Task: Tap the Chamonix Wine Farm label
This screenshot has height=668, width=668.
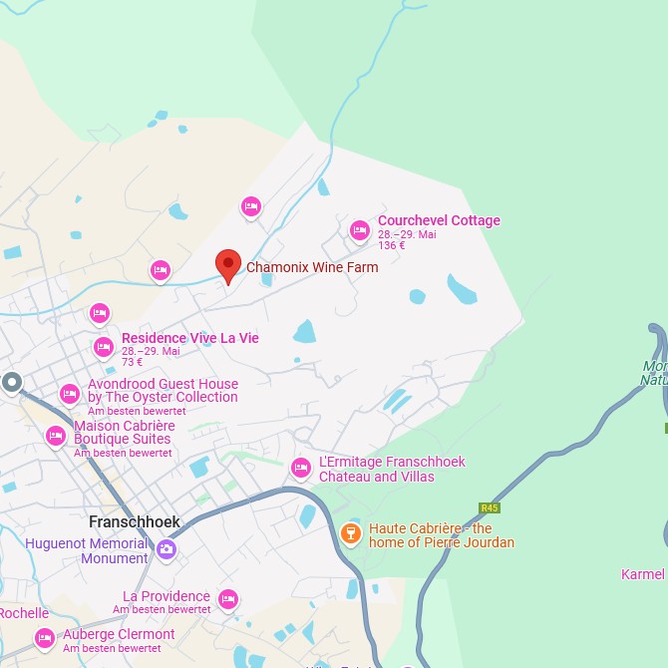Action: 312,267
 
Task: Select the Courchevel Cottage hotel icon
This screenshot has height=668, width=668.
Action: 360,230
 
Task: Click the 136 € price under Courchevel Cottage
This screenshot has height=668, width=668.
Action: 392,246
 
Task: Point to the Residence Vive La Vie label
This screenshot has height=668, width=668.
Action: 189,338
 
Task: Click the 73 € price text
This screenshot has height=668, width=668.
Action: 132,363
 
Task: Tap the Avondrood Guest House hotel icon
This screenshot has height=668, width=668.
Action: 69,393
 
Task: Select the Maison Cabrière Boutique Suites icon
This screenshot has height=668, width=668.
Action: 56,435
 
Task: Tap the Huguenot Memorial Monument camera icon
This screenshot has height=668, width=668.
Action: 166,548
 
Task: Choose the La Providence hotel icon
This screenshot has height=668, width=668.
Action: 228,599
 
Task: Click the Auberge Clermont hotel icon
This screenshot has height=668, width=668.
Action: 44,637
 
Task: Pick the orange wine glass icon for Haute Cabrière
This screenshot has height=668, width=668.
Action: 350,533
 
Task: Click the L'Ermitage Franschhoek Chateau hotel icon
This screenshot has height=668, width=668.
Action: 300,468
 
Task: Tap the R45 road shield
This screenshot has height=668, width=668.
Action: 489,507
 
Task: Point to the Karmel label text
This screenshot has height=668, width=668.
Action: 643,574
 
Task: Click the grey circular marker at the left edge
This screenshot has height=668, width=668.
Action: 12,382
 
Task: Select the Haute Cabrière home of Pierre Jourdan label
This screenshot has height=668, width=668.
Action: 442,535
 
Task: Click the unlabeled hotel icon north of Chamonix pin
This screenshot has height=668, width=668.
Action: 251,205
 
